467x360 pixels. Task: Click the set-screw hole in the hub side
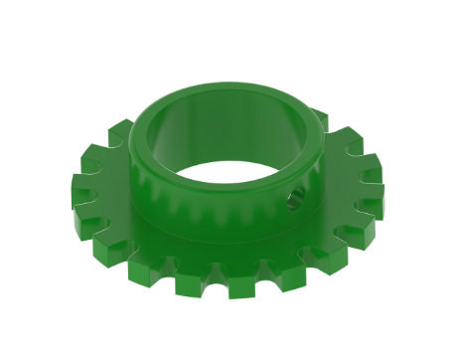click(295, 203)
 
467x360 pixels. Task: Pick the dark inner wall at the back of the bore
click(229, 124)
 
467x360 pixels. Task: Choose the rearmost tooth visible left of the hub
click(120, 129)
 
